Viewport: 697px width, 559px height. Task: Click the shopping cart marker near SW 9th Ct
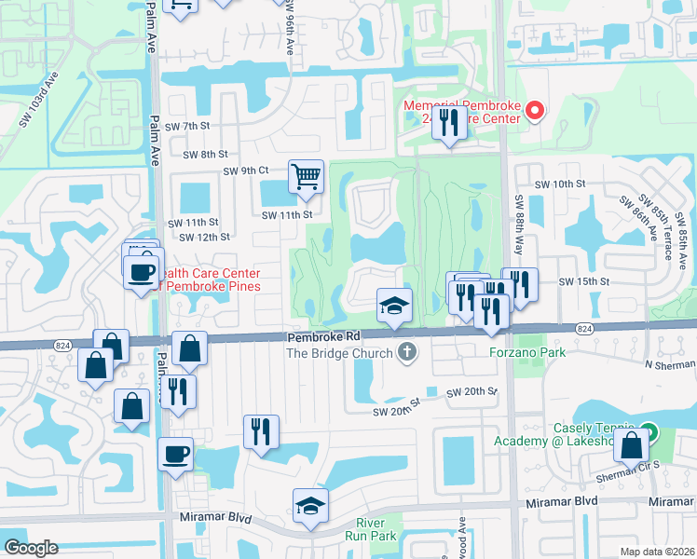[x=306, y=175]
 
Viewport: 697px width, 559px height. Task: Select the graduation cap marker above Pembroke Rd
[x=394, y=306]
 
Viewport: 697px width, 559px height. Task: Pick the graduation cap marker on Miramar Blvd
[x=311, y=506]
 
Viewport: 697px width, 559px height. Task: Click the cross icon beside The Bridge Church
[x=405, y=352]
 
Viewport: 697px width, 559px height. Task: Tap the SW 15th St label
[x=583, y=281]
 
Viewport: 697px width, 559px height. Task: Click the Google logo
[x=32, y=548]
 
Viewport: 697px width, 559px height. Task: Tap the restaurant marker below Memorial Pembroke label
[x=449, y=123]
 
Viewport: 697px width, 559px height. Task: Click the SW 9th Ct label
[x=245, y=170]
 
